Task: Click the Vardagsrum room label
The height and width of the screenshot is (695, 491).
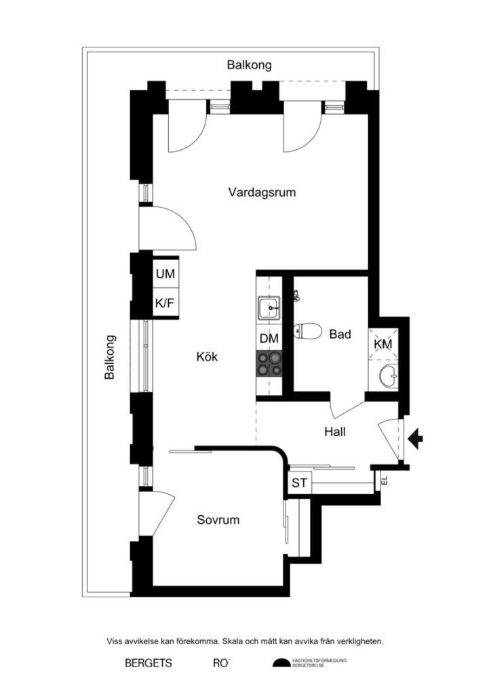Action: (x=262, y=192)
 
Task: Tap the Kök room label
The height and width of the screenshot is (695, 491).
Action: (x=207, y=356)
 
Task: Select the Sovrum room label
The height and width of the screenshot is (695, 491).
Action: (x=218, y=520)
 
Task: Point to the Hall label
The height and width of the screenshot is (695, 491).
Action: (x=336, y=430)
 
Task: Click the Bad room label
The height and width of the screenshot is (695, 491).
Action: (x=340, y=334)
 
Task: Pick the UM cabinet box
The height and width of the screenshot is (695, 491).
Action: (x=165, y=274)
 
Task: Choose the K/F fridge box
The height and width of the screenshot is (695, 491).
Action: (x=165, y=303)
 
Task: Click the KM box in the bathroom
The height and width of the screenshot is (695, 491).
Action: (x=383, y=344)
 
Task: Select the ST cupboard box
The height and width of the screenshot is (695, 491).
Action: (x=299, y=484)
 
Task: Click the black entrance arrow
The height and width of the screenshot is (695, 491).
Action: (x=415, y=438)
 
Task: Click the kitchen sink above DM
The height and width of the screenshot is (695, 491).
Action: (x=269, y=309)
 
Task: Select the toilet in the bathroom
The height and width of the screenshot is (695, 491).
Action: (x=307, y=331)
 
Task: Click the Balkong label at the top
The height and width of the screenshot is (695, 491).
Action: (x=249, y=65)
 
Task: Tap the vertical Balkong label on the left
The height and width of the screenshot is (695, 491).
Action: (x=110, y=357)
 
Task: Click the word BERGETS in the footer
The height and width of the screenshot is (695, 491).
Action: (x=148, y=663)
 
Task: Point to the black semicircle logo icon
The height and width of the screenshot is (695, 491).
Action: (x=281, y=663)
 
